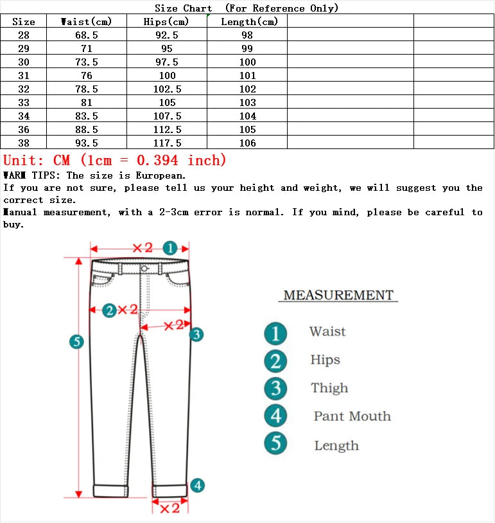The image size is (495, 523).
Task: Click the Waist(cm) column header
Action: coord(87,22)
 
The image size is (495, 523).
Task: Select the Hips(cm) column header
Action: coord(167,22)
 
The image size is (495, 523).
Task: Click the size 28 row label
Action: coord(24,35)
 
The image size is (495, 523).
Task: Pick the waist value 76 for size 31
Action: coord(87,76)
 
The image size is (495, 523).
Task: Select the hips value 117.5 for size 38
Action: coord(167,143)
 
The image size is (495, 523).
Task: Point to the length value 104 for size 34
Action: coord(247,116)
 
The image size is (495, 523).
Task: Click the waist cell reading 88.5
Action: coord(87,130)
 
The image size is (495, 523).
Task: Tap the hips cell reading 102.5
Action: coord(167,89)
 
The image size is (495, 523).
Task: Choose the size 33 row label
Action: coord(24,103)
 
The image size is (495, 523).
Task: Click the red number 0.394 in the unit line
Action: coord(158,160)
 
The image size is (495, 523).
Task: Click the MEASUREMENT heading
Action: coord(338,296)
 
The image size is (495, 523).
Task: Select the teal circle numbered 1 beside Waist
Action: coord(275,333)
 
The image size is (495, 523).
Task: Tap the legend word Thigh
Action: coord(329,388)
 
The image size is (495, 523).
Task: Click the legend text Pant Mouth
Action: coord(352,416)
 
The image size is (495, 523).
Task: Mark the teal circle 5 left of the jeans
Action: coord(76,342)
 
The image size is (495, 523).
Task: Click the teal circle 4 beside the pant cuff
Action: coord(198,486)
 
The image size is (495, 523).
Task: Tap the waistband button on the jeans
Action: coord(144,269)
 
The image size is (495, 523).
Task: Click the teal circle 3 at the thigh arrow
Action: coord(196,334)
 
